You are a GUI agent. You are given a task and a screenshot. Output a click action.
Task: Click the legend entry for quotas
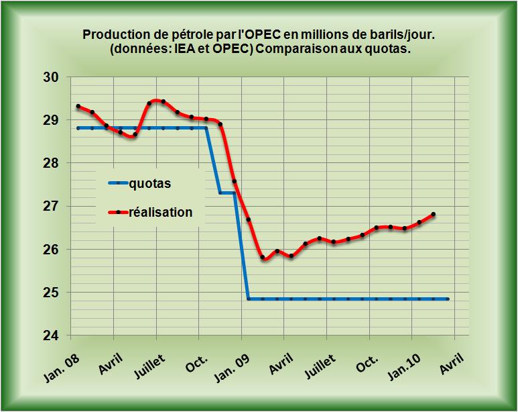[x=148, y=183]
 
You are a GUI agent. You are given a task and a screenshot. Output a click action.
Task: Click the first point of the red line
[x=78, y=106]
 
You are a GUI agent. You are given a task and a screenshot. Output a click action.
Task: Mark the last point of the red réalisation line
[x=434, y=214]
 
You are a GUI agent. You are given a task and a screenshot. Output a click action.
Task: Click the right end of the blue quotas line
[x=448, y=299]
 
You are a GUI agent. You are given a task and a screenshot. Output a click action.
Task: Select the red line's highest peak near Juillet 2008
[x=157, y=101]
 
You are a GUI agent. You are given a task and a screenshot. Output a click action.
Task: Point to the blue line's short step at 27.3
[x=227, y=193]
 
